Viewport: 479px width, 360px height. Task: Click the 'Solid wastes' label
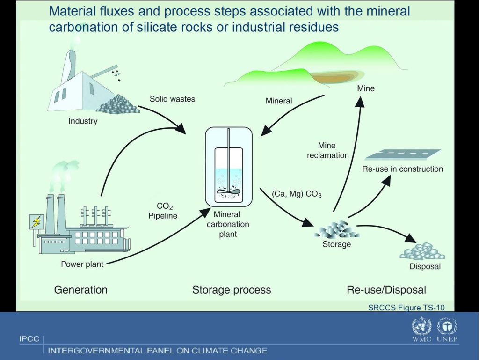tap(172, 99)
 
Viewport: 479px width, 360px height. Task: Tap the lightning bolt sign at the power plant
tap(36, 221)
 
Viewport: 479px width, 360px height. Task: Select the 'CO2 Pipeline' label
tap(163, 211)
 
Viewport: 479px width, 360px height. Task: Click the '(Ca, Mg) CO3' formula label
tap(297, 194)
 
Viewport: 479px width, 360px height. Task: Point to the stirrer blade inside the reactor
tap(228, 191)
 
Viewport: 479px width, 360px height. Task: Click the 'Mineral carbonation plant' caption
tap(228, 224)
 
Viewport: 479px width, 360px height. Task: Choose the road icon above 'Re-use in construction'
tap(403, 154)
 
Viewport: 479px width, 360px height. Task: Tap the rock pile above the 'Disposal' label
tap(422, 251)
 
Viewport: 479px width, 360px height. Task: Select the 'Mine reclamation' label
tap(327, 150)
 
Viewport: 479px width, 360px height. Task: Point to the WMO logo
tap(421, 329)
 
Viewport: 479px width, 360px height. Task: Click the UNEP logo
tap(447, 329)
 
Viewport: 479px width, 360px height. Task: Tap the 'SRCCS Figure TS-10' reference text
tap(406, 308)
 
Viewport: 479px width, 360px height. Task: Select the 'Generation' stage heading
tap(80, 290)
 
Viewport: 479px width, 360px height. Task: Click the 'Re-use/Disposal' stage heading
tap(386, 290)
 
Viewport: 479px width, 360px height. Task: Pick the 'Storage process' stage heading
tap(232, 290)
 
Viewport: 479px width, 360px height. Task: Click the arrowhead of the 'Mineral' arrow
tap(266, 131)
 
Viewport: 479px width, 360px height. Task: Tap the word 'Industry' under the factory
tap(83, 121)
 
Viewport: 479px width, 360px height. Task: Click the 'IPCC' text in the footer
tap(29, 339)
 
